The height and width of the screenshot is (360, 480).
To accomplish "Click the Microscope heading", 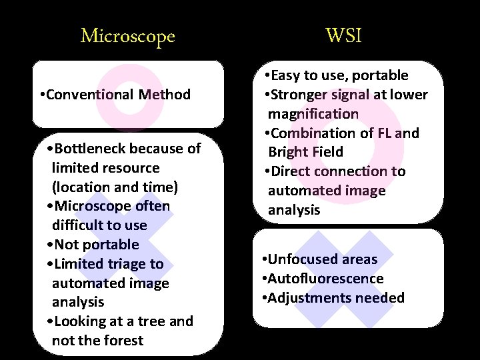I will [x=127, y=35].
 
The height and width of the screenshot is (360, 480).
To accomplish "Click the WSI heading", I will [x=344, y=35].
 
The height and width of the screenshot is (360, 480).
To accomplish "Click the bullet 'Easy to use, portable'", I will [x=336, y=75].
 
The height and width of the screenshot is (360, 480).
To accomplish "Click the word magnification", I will [x=313, y=114].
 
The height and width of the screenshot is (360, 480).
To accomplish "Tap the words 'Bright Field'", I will [x=305, y=152].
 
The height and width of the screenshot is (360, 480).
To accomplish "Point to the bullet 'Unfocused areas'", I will [x=320, y=259].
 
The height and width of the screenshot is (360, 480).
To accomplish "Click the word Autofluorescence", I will [x=325, y=279].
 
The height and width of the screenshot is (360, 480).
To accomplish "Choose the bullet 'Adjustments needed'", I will [x=333, y=298].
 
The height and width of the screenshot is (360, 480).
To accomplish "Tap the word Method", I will [x=165, y=95].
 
